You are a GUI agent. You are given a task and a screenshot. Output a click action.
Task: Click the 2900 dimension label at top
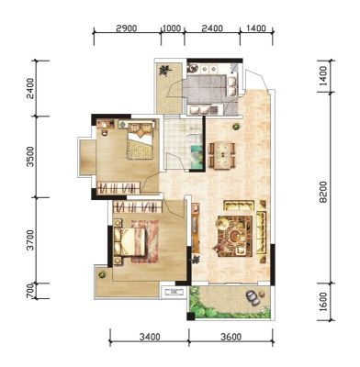127,28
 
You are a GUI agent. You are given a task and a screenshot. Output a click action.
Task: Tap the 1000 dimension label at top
172,28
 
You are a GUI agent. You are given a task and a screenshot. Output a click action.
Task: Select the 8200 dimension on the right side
323,192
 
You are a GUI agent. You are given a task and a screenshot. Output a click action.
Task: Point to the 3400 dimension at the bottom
150,337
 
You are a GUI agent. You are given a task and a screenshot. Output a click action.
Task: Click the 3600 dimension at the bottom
231,337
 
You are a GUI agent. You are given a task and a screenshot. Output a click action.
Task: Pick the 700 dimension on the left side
29,291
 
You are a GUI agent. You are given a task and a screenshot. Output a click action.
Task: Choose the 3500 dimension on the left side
30,157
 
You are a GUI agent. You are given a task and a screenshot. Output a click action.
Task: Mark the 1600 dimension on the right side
323,302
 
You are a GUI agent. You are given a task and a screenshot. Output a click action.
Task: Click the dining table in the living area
223,155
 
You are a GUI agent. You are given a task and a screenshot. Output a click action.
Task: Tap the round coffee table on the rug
235,236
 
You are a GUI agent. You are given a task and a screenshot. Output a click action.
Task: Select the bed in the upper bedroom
140,141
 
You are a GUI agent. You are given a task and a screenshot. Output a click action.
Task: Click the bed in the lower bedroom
129,241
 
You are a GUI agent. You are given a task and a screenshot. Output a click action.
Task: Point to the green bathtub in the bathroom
197,157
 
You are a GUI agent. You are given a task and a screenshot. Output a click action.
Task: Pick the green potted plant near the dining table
236,126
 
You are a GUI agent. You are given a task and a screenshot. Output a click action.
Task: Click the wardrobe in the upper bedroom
118,187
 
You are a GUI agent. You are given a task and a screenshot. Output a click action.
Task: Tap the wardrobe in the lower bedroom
138,206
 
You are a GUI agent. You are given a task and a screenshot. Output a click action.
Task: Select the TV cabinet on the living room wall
196,228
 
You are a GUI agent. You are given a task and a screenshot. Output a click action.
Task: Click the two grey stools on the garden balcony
253,297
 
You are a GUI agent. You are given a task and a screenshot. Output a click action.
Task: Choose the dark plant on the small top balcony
165,71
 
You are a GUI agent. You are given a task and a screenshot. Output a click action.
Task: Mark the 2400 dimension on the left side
30,88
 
